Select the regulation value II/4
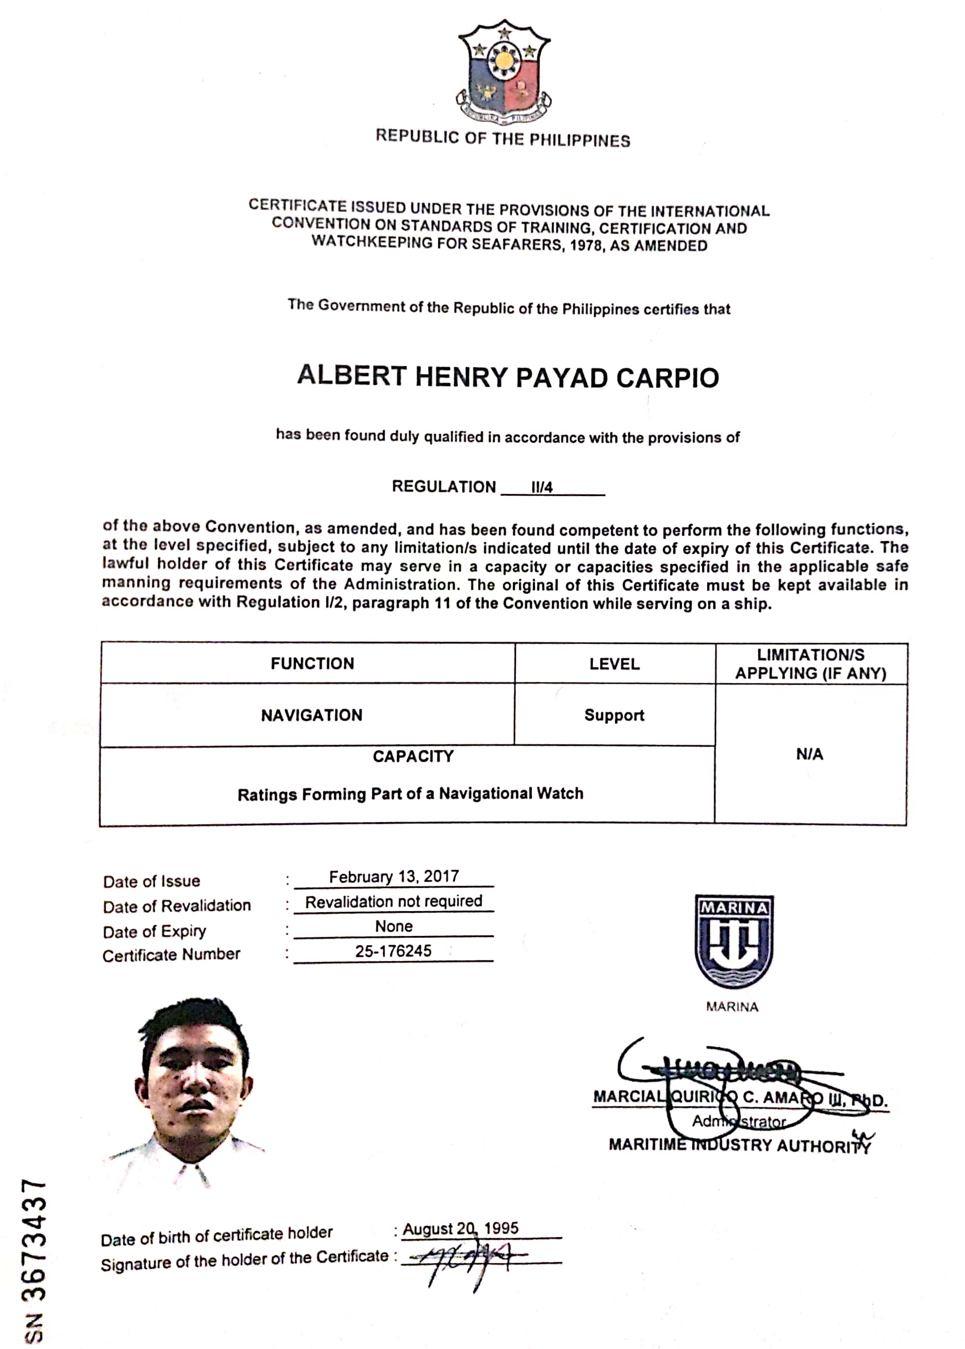541,487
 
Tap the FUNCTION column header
312,663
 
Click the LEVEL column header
614,664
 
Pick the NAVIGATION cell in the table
311,715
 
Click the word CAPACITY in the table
413,756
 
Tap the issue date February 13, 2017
393,877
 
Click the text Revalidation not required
393,901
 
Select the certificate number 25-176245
393,951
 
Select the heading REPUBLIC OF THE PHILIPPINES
503,139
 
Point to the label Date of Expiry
155,931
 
